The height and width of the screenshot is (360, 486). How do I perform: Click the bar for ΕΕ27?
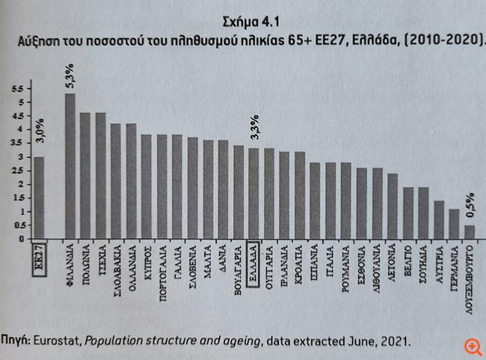click(x=40, y=198)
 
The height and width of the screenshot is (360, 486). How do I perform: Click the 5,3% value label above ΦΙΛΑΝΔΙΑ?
click(x=70, y=77)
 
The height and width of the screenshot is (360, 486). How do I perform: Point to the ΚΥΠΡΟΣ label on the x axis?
click(x=147, y=261)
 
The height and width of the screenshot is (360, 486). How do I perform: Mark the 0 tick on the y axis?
click(x=21, y=238)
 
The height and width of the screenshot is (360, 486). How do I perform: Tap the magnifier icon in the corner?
click(x=472, y=347)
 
